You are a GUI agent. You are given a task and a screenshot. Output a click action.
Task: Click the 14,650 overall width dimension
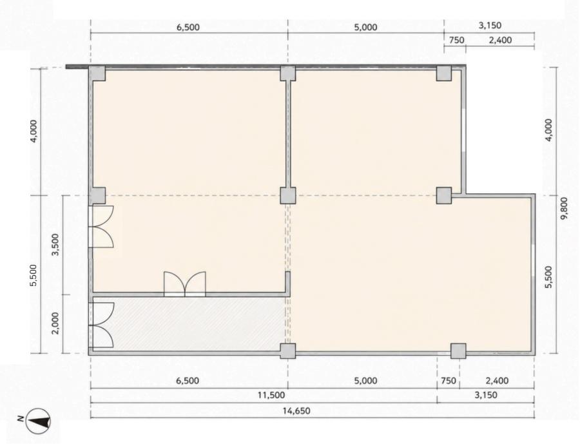[x=296, y=410]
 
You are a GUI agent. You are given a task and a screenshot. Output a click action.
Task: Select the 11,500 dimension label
[x=271, y=395]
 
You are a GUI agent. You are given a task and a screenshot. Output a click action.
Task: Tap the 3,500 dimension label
[x=55, y=245]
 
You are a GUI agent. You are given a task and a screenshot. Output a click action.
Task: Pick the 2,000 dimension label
[x=55, y=323]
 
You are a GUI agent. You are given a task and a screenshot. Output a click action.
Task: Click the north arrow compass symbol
[x=38, y=421]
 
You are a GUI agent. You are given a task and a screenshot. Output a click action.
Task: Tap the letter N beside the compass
[x=21, y=420]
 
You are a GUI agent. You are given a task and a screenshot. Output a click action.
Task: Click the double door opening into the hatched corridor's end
[x=101, y=325]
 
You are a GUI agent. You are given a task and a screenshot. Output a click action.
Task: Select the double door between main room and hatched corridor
[x=184, y=284]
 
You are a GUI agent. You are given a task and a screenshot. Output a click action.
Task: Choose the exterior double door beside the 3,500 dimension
[x=101, y=226]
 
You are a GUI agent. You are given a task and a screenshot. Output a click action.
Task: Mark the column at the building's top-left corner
[x=98, y=73]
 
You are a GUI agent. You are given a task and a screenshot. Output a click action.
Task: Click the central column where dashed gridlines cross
[x=288, y=196]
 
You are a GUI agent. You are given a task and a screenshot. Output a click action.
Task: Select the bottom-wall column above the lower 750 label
[x=458, y=351]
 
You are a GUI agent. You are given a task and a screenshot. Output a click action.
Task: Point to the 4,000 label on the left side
[x=34, y=131]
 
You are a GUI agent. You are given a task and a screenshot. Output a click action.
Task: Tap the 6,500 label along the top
[x=188, y=27]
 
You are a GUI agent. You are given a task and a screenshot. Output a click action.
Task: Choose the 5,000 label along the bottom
[x=366, y=380]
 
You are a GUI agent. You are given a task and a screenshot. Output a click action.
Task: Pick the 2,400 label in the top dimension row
[x=501, y=40]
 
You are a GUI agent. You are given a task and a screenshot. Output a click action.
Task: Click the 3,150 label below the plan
[x=486, y=395]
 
